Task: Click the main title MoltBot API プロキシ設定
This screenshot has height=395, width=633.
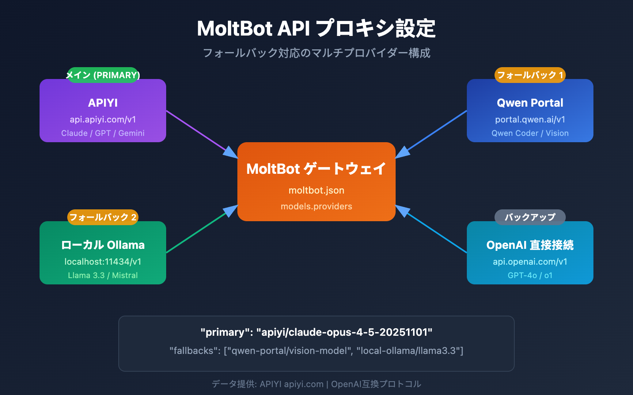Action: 316,28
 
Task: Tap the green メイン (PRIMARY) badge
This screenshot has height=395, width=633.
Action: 103,75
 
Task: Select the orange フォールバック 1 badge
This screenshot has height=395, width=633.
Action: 530,75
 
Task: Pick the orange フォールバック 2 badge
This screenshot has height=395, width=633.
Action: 103,217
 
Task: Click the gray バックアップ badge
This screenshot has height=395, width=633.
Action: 530,217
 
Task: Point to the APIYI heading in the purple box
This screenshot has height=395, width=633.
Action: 103,103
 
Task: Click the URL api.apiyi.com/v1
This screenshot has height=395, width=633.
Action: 103,119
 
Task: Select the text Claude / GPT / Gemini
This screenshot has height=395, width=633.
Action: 103,133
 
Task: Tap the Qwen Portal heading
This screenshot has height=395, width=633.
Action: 530,103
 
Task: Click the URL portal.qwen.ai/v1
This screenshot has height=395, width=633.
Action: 530,119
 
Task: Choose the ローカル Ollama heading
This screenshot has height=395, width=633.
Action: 103,245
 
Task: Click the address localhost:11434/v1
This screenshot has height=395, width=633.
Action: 103,261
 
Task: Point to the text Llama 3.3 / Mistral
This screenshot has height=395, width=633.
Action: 103,275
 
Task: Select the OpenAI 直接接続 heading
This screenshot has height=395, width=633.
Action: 530,245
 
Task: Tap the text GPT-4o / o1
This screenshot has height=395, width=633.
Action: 530,275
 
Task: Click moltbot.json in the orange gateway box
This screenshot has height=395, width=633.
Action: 316,190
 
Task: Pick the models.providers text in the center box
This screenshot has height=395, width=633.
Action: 316,206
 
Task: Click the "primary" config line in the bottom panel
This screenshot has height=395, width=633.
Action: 316,332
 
